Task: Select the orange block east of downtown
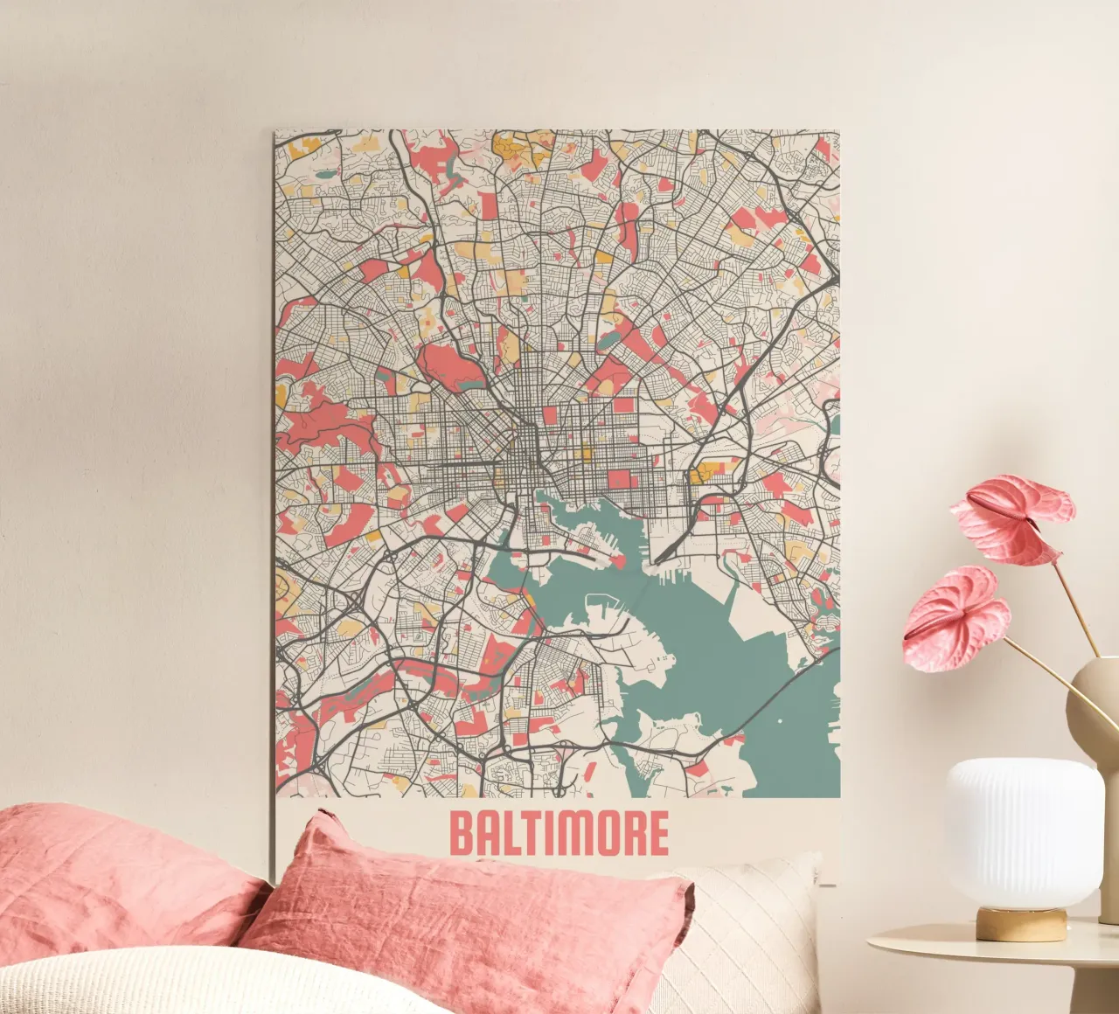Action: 699,475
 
